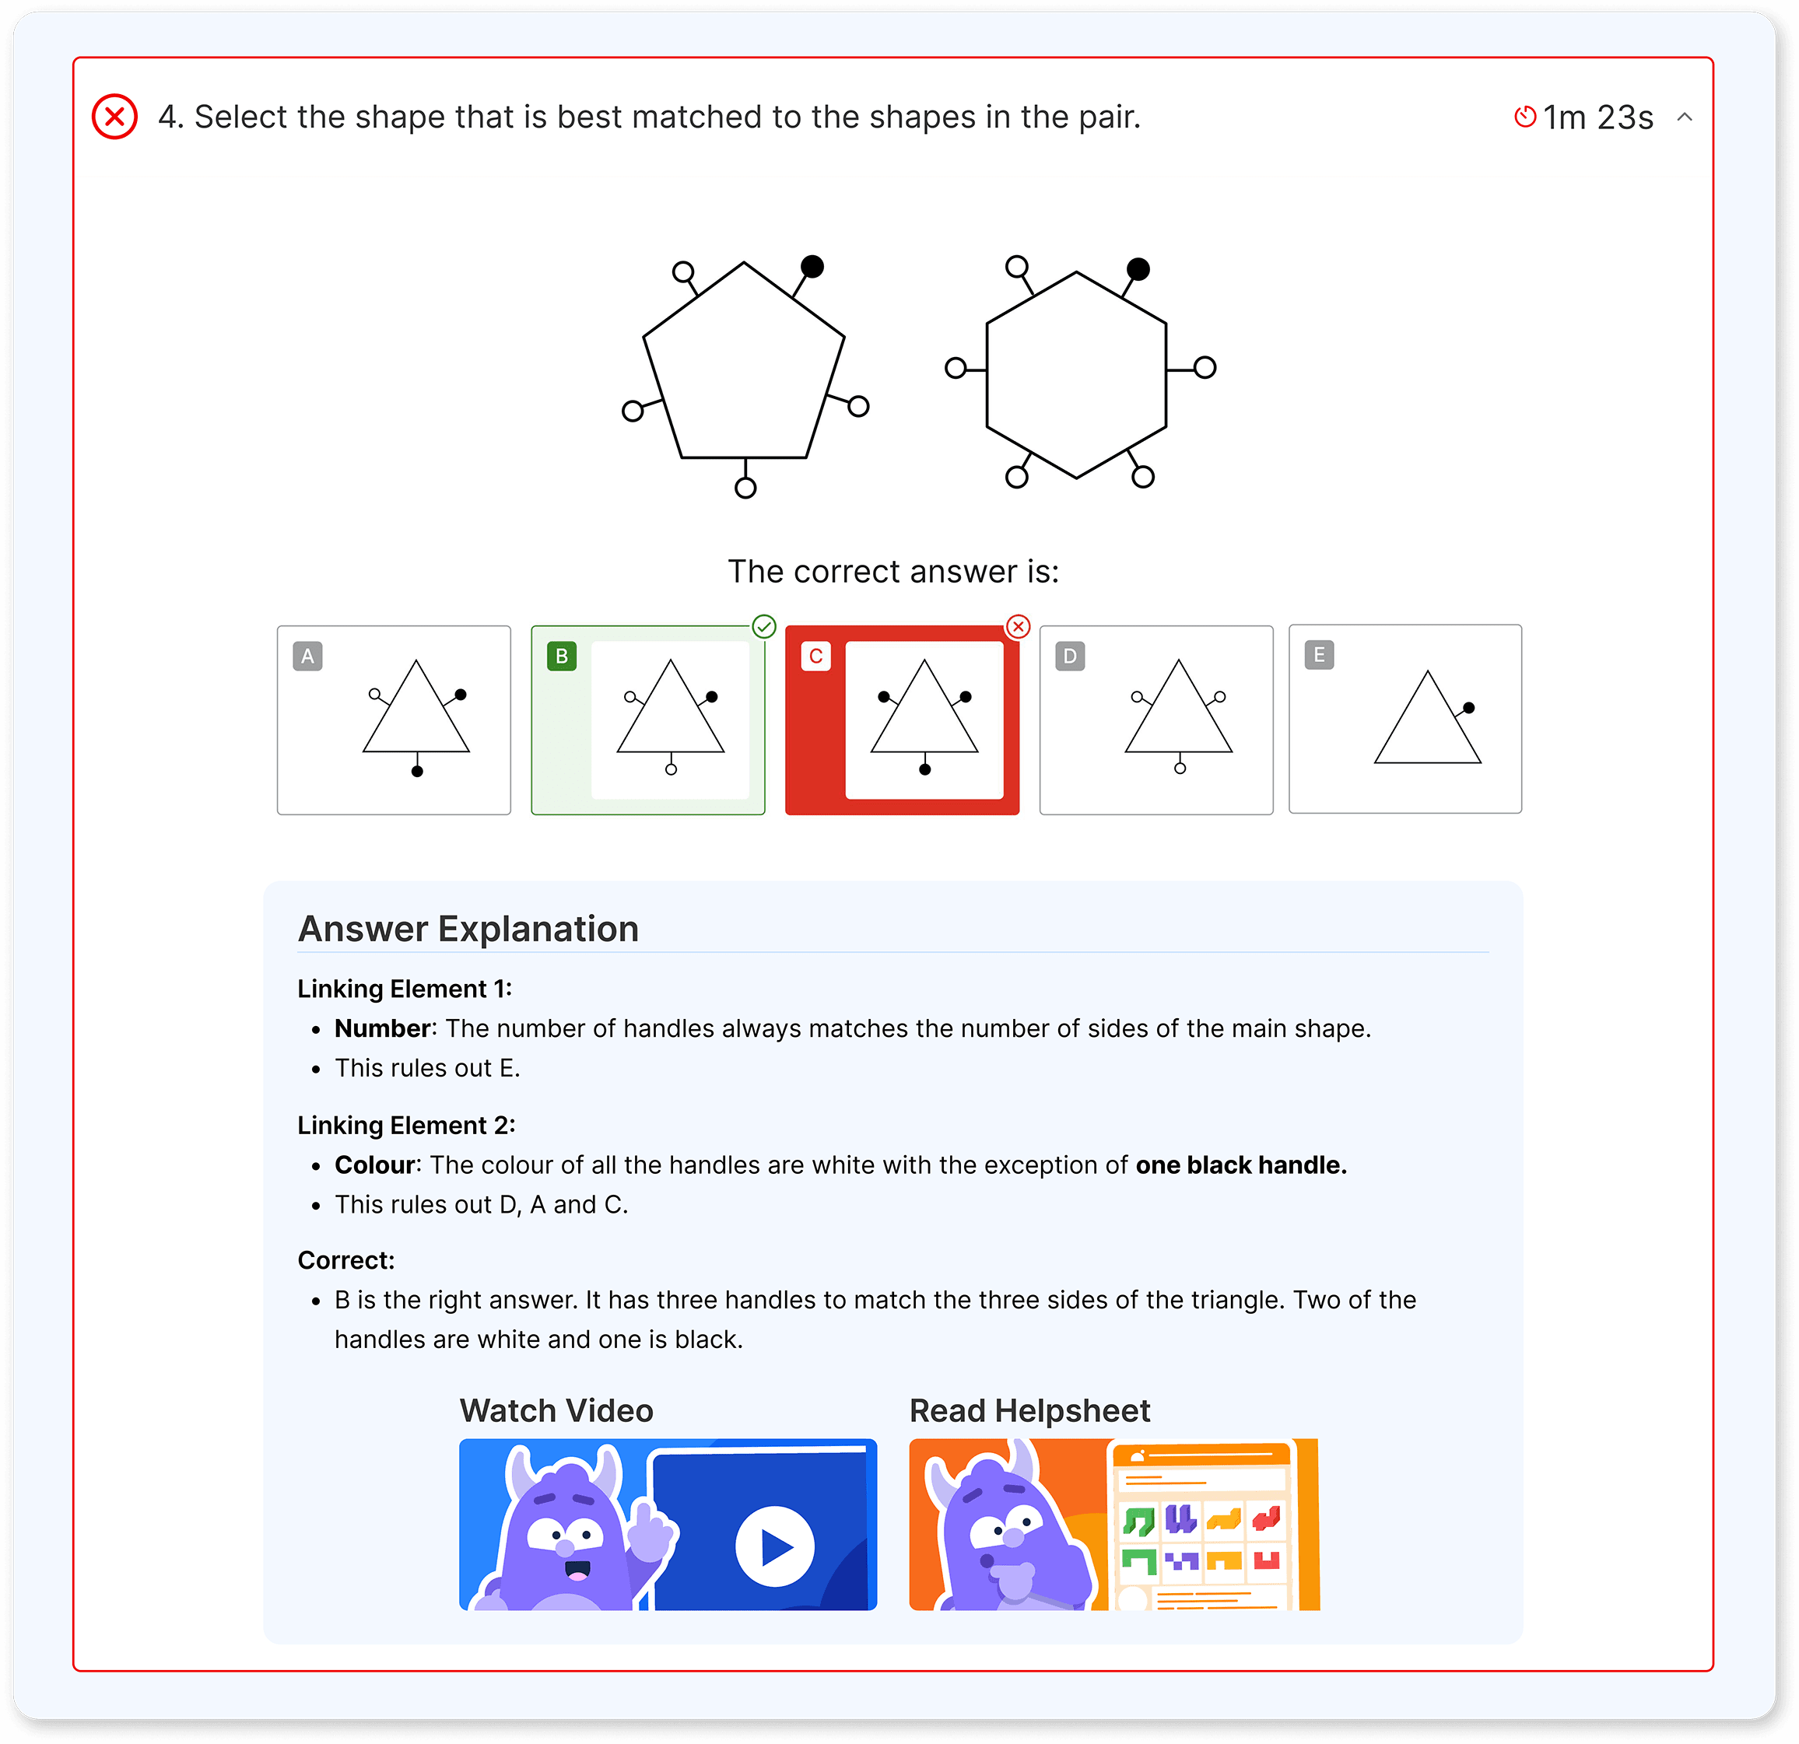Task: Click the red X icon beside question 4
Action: click(114, 117)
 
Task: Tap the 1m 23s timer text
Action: click(1597, 117)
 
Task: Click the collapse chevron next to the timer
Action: click(1685, 117)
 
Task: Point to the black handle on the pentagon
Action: click(812, 266)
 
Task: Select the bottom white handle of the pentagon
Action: click(745, 487)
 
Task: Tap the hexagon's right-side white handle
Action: click(1205, 368)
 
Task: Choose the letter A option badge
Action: click(307, 656)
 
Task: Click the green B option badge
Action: click(562, 656)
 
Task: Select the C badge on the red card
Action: click(816, 656)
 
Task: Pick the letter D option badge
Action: click(1070, 656)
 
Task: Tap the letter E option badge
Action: click(1319, 655)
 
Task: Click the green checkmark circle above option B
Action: click(763, 627)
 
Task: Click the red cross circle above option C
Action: click(1018, 627)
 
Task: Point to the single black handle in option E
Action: click(1468, 707)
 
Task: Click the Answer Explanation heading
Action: click(468, 929)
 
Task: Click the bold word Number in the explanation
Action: click(382, 1028)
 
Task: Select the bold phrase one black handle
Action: click(1240, 1165)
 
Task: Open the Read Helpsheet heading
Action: click(1029, 1410)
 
